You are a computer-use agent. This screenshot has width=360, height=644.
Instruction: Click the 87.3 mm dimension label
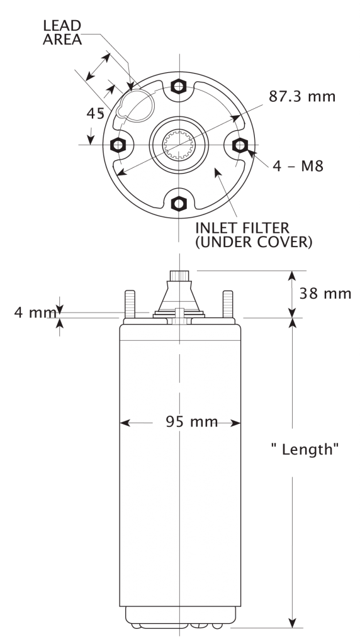(x=301, y=97)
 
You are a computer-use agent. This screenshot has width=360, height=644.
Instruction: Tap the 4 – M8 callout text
(x=298, y=167)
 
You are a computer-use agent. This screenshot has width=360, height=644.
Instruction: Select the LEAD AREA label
(x=62, y=32)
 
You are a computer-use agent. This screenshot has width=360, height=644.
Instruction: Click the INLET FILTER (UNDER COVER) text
(x=253, y=234)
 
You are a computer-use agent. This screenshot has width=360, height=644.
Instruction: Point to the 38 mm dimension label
(x=325, y=294)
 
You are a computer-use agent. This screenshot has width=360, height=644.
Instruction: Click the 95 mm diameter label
(x=192, y=422)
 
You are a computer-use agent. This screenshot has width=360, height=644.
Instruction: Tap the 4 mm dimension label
(x=35, y=313)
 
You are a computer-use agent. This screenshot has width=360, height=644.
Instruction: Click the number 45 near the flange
(x=96, y=114)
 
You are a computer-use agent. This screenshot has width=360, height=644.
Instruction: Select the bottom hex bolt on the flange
(x=179, y=203)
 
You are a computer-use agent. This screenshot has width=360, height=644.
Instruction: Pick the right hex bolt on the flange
(x=240, y=145)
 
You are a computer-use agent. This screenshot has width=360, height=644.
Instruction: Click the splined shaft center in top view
(x=179, y=145)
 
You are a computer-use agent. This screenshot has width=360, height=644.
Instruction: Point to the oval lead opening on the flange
(x=137, y=104)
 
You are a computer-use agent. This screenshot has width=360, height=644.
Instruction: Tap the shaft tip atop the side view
(x=179, y=275)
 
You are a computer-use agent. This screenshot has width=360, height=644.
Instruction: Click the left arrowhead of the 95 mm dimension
(x=123, y=423)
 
